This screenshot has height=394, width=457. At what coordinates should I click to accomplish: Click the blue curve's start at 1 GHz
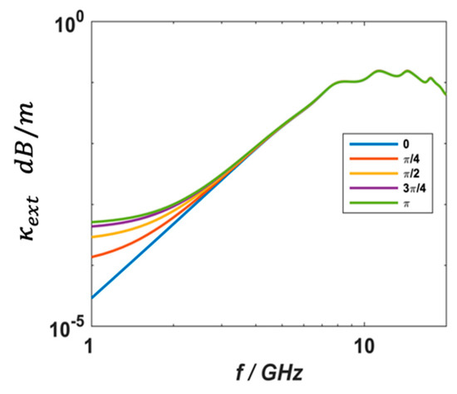(91, 298)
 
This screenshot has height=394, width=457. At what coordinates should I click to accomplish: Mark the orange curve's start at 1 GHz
(91, 257)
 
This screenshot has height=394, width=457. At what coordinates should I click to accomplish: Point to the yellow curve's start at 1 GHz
(91, 237)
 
